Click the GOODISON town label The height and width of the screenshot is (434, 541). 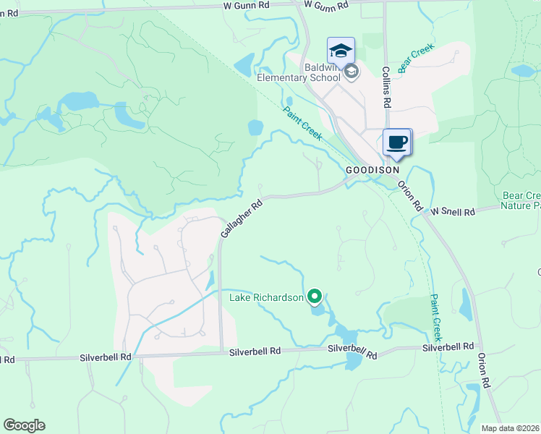tap(372, 169)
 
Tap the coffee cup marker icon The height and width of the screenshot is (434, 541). tap(396, 141)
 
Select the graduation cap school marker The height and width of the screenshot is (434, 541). tap(341, 50)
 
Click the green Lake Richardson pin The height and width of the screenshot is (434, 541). tap(315, 296)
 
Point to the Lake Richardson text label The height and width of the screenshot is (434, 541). tap(266, 297)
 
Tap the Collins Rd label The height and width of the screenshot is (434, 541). tap(387, 88)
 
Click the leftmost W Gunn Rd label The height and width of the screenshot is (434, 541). tap(246, 5)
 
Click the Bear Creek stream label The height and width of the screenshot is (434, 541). tap(415, 57)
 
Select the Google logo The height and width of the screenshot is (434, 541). tap(24, 425)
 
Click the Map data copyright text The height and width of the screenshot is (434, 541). tap(511, 428)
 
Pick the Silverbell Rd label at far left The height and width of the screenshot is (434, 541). tap(7, 359)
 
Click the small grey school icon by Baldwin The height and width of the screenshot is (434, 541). tap(352, 71)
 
